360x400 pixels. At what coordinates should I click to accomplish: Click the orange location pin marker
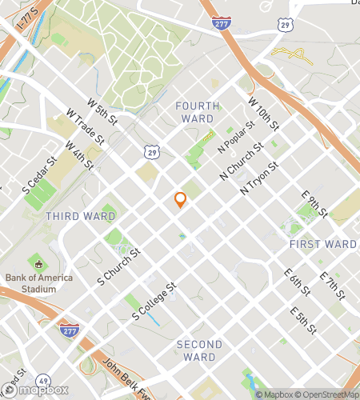click(x=181, y=200)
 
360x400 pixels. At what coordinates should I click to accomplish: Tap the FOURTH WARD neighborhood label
click(x=194, y=112)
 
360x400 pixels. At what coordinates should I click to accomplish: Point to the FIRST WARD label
click(x=323, y=244)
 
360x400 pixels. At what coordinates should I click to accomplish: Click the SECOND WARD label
click(x=199, y=350)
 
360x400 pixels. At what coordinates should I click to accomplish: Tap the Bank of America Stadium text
click(x=38, y=283)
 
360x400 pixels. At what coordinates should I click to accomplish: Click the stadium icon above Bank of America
click(x=37, y=263)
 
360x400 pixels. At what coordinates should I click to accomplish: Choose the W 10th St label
click(x=263, y=114)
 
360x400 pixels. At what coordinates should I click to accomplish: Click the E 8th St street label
click(x=314, y=204)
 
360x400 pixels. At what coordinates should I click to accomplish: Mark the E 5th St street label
click(x=304, y=320)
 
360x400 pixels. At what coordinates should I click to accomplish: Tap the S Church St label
click(x=118, y=266)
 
